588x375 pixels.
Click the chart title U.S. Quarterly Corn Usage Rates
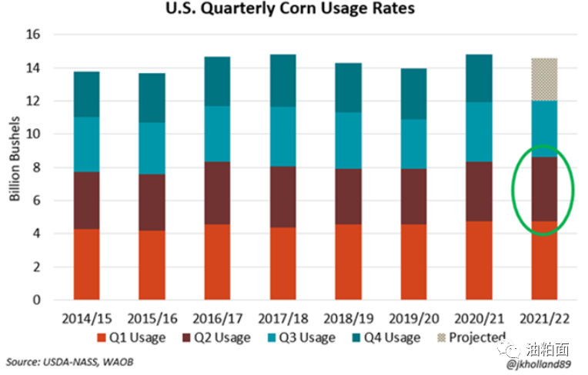(x=295, y=10)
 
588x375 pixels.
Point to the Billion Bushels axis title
(x=15, y=167)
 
